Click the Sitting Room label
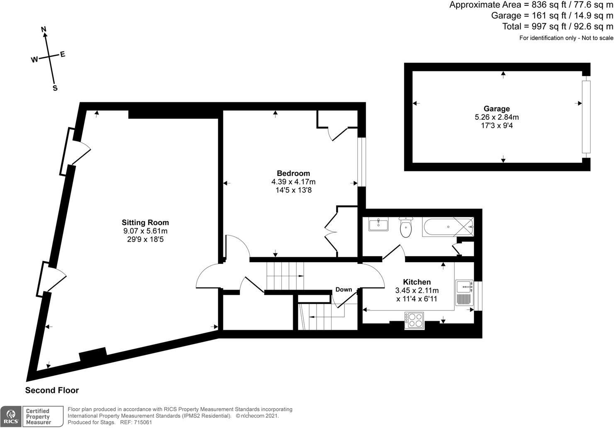pos(145,223)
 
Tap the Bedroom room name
pos(293,173)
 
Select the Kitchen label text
pos(417,282)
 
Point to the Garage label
pos(497,109)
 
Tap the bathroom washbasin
pos(378,225)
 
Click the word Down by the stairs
pos(344,289)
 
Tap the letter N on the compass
pos(44,29)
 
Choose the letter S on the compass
pos(55,88)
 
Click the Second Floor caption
pos(52,390)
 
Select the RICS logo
pos(10,416)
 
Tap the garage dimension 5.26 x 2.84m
pos(497,117)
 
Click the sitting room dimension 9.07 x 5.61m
pos(145,231)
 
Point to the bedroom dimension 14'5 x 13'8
pos(293,190)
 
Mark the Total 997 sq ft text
pos(557,27)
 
